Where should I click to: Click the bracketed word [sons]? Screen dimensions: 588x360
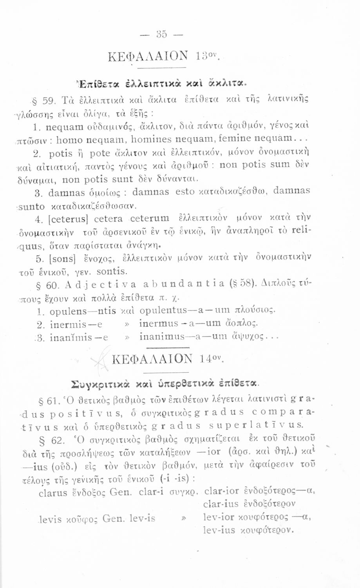coord(67,260)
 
